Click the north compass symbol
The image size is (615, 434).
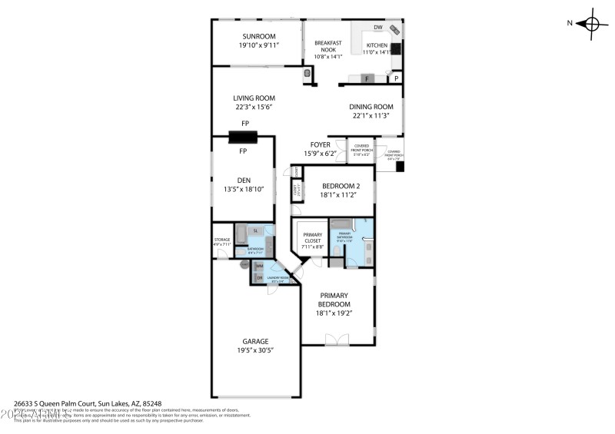[x=592, y=23]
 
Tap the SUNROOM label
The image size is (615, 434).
[x=258, y=36]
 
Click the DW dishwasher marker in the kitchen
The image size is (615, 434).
[x=377, y=28]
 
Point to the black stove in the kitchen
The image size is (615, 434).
[x=396, y=48]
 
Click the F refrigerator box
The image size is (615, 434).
[x=367, y=78]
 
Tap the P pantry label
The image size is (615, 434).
[x=397, y=78]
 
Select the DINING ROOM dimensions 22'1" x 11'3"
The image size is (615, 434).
[x=371, y=115]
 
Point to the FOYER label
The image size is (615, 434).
[x=320, y=144]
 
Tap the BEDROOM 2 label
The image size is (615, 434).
[x=340, y=186]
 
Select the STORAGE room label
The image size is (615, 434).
[x=221, y=240]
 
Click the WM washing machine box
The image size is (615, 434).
[x=259, y=266]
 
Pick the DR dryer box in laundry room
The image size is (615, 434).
[x=259, y=277]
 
